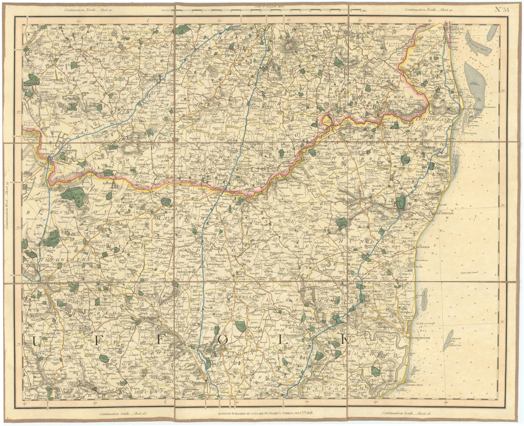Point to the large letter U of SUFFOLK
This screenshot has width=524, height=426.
click(x=38, y=341)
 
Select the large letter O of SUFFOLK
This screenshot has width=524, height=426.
click(x=223, y=340)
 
